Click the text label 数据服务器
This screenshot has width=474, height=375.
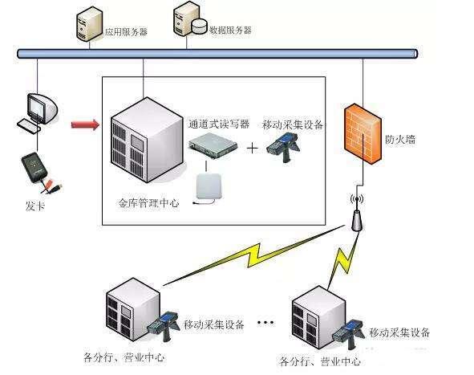pyautogui.click(x=230, y=30)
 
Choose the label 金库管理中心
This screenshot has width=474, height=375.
pyautogui.click(x=149, y=204)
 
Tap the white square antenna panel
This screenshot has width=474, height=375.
pyautogui.click(x=211, y=190)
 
